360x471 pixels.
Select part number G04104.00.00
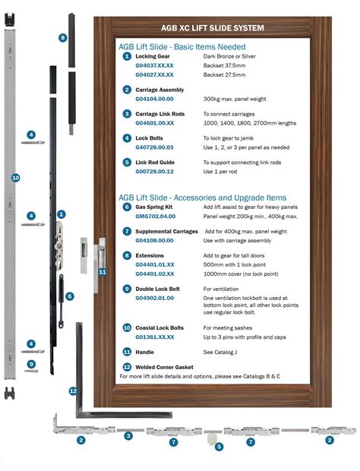point(154,99)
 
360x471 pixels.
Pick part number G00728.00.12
point(154,171)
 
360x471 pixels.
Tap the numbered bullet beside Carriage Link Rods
point(127,113)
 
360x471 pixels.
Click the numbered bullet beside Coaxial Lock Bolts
point(127,327)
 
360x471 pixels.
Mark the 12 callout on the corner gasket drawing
point(73,390)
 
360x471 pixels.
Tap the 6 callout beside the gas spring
point(70,296)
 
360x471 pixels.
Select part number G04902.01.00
point(154,299)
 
